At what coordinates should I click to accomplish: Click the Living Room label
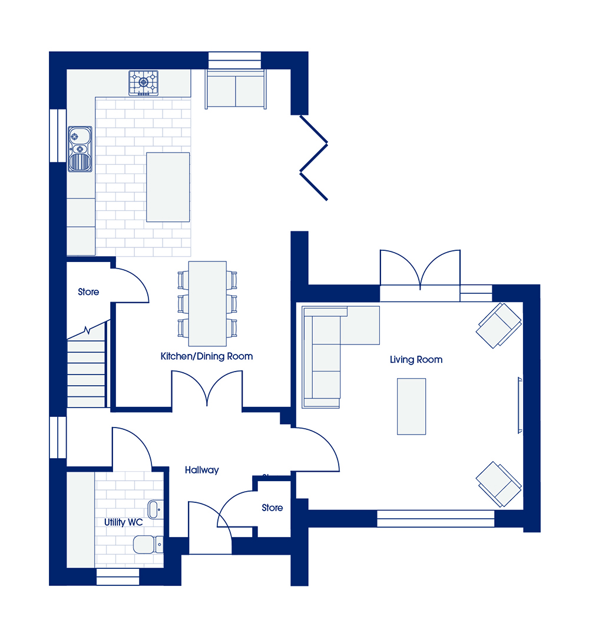point(416,359)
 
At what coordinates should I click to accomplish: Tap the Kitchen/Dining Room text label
point(207,356)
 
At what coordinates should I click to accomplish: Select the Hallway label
point(201,470)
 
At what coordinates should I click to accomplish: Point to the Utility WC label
point(123,522)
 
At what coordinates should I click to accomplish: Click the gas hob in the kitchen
point(144,83)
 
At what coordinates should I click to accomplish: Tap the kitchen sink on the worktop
point(80,149)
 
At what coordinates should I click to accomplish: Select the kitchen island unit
point(168,187)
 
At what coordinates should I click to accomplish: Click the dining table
point(207,303)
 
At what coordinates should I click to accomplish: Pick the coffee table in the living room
point(411,406)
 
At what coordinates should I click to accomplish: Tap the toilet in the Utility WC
point(148,544)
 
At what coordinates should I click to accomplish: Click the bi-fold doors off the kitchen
point(313,158)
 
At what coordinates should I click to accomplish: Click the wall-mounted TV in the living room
point(519,405)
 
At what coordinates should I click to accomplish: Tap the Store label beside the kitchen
point(88,291)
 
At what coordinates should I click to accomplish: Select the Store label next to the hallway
point(272,508)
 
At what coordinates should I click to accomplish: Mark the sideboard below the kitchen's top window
point(236,90)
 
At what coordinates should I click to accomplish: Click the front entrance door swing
point(210,527)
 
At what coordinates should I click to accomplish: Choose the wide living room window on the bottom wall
point(436,519)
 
